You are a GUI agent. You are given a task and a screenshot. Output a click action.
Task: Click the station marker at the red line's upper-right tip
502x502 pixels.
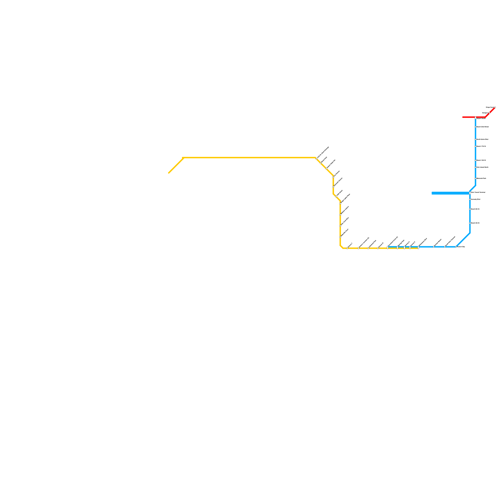coord(495,108)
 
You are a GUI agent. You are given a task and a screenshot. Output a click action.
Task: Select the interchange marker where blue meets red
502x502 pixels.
coord(476,118)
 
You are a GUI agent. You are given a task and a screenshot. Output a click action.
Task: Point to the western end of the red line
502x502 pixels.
coord(463,117)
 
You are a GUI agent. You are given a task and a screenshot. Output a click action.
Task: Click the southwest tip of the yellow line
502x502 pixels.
coord(169,173)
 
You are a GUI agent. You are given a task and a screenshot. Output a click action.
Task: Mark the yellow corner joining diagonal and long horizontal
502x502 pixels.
coord(183,158)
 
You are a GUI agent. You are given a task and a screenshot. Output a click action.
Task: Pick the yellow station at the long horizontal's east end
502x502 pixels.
coord(316,159)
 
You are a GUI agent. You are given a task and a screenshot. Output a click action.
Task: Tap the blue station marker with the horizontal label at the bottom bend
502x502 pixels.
coord(456,247)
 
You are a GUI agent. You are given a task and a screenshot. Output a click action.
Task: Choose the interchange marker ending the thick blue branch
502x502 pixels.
coord(470,193)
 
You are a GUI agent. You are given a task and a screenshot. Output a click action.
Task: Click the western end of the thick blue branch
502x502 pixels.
coord(432,193)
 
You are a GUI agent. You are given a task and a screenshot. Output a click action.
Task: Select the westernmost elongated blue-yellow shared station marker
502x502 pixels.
coord(387,248)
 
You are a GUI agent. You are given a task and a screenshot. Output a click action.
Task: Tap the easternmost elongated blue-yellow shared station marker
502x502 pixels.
coord(418,248)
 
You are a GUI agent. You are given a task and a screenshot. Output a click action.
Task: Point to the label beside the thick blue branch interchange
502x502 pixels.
coord(478,192)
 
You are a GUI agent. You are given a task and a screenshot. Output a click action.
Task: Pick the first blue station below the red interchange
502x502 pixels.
coord(476,127)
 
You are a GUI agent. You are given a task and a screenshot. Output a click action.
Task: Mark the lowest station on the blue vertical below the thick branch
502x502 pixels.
coord(470,223)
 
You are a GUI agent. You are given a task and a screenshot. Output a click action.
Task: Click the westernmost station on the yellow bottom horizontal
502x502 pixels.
coord(347,248)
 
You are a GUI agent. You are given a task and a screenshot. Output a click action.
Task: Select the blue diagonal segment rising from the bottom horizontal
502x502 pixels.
coord(463,240)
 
